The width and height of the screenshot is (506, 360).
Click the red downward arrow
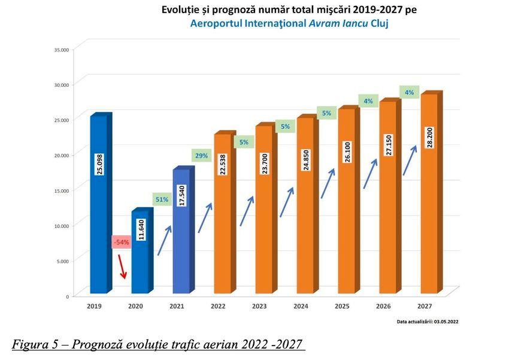coord(123,266)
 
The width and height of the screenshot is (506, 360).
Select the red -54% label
coord(121,242)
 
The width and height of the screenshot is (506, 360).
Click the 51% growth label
coord(162,199)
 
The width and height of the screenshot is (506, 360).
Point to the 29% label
coord(201,156)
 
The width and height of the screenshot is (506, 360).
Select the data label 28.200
coord(429,138)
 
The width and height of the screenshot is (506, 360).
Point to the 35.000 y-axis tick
coord(61,50)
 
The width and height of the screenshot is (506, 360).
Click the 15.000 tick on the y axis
coord(61,190)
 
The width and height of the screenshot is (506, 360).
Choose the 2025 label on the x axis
coord(343,307)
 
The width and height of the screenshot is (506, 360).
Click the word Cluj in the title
coord(385,24)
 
